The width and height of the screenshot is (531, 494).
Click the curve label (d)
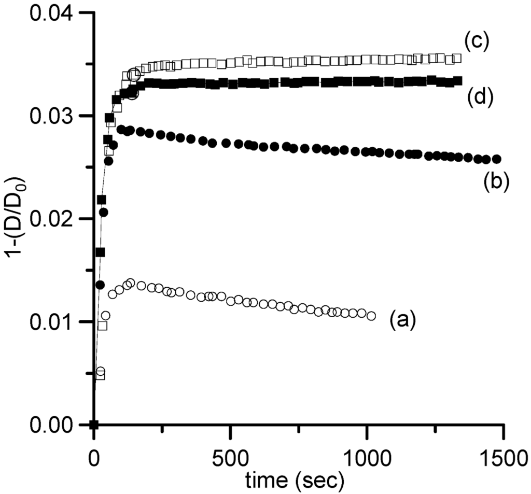click(476, 96)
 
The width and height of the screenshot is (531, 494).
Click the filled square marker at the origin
click(94, 425)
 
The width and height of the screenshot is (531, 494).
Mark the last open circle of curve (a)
click(371, 316)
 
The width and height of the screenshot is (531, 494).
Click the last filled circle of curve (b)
click(496, 159)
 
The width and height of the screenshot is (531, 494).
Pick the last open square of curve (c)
click(457, 58)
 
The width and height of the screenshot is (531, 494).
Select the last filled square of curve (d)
click(458, 81)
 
